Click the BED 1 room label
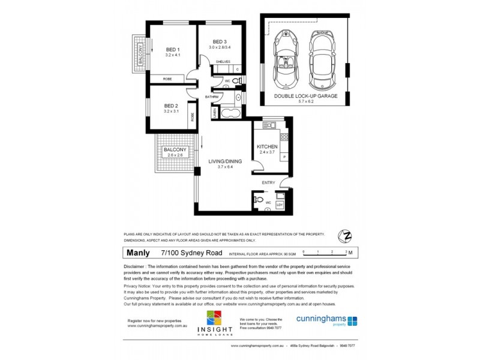click(173, 49)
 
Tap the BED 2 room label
click(173, 106)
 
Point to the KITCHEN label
click(267, 147)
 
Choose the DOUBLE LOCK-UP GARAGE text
click(305, 96)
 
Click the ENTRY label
click(268, 182)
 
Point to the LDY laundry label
click(279, 205)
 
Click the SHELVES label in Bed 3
click(223, 61)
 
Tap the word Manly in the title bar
click(138, 253)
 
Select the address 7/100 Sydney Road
click(186, 253)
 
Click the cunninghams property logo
click(326, 320)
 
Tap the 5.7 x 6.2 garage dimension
click(305, 101)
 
